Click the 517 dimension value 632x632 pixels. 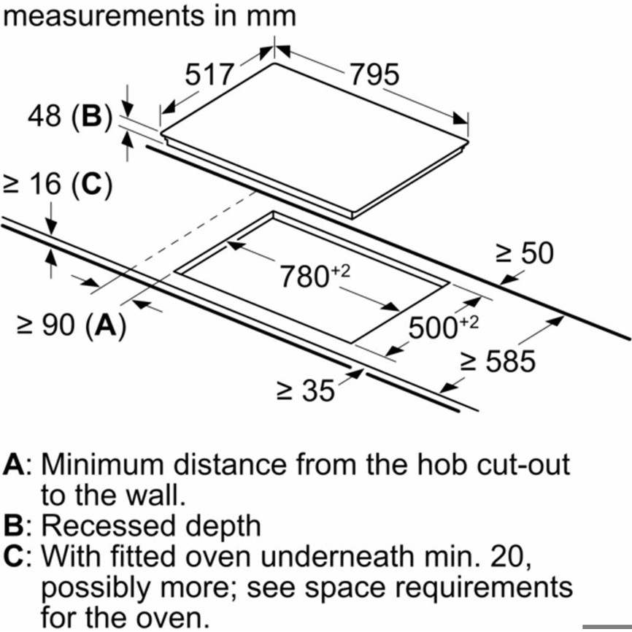click(209, 74)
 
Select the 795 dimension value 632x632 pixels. click(374, 74)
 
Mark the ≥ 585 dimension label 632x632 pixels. click(500, 361)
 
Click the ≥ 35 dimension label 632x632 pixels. click(305, 392)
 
